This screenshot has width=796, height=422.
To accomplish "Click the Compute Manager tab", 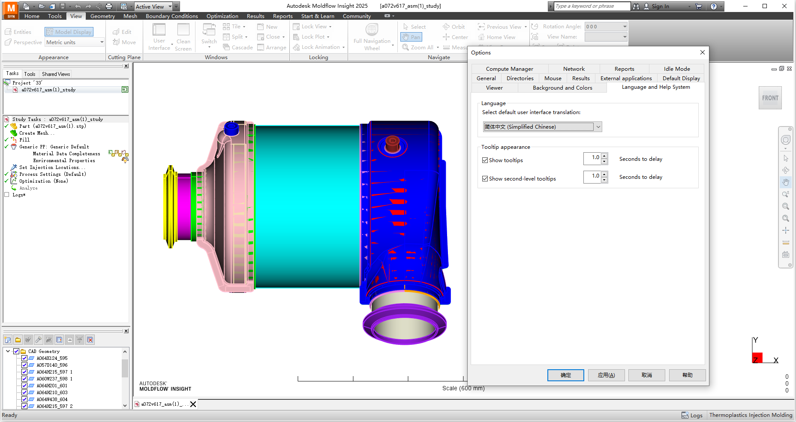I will point(509,69).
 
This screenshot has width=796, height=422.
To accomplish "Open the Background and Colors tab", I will point(562,87).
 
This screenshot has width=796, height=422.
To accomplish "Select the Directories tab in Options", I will point(520,78).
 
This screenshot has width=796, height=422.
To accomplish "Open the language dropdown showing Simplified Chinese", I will point(598,127).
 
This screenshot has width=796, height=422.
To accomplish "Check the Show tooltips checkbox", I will point(485,160).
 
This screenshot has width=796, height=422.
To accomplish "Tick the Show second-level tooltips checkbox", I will point(485,179).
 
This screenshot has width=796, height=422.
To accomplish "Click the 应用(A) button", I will point(606,375).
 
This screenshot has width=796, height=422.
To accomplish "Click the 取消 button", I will point(646,375).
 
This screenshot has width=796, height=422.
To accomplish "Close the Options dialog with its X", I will point(702,52).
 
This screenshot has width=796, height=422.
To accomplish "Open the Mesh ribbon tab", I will point(130,16).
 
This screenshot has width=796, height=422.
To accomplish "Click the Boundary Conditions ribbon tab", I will point(171,16).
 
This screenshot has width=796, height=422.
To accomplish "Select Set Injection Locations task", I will point(49,167).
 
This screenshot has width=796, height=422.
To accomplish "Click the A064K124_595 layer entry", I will point(52,358).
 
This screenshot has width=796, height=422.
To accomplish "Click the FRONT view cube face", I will point(770,98).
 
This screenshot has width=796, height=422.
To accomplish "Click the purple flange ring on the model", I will point(404,335).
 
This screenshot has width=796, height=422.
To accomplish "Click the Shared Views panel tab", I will point(56,74).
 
